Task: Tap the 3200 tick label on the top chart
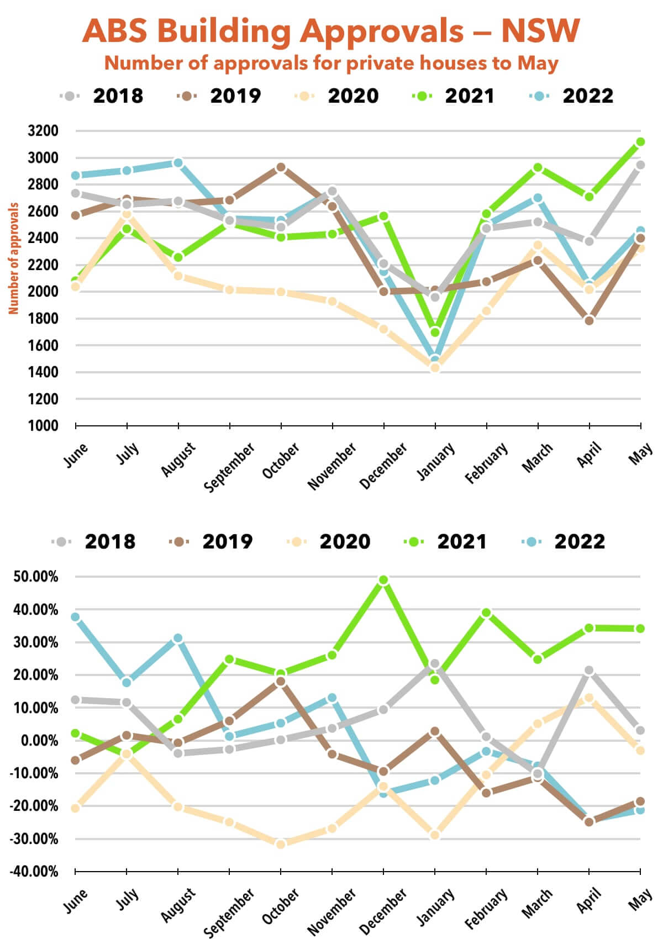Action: [x=43, y=131]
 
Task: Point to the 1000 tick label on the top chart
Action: [x=43, y=426]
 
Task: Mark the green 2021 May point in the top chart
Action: [x=640, y=142]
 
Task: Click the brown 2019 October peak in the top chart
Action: [x=281, y=167]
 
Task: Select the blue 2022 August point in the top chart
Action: [x=178, y=163]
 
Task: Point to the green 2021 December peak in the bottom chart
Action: [x=383, y=580]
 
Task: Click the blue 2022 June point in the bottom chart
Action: [x=76, y=617]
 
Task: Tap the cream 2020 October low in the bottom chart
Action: [x=281, y=844]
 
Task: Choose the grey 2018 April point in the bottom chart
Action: [x=589, y=671]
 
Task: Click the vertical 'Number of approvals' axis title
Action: [x=14, y=259]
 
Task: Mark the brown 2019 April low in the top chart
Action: [x=589, y=320]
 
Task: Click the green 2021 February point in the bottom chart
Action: [x=486, y=613]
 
